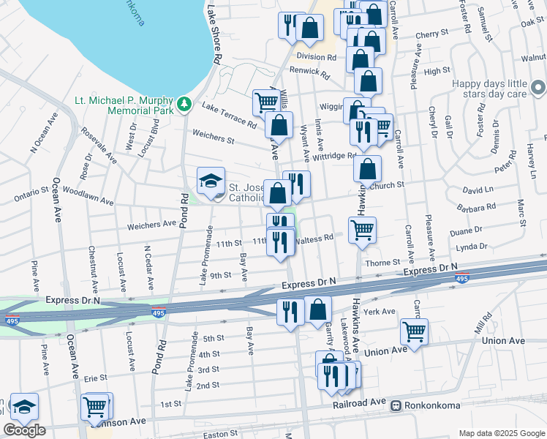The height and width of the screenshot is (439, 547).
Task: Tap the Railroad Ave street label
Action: (x=361, y=402)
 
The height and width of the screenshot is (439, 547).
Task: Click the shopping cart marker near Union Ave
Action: (x=414, y=331)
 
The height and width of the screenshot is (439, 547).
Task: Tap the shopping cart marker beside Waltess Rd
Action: (x=362, y=230)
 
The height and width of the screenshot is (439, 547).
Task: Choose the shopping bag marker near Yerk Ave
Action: (x=318, y=309)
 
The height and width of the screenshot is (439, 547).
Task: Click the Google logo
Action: (x=24, y=430)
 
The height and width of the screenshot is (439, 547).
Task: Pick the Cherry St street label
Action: (x=431, y=34)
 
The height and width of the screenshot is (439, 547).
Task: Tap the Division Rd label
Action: (x=317, y=56)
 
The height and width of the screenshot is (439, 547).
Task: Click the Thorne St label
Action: (x=383, y=262)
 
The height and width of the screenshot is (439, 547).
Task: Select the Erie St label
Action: (x=96, y=378)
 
